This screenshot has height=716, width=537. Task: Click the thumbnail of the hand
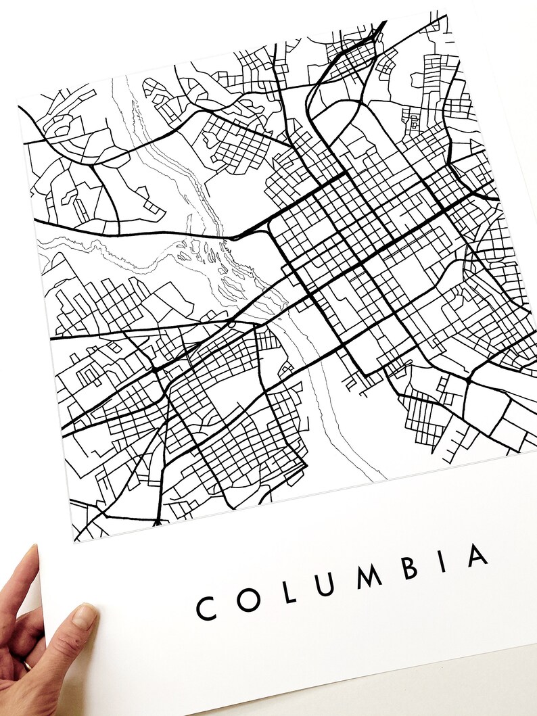point(84,616)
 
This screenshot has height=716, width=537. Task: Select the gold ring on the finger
point(26,666)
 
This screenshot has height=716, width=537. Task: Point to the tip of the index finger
point(30,551)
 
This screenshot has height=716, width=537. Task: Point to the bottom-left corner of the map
point(73,542)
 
